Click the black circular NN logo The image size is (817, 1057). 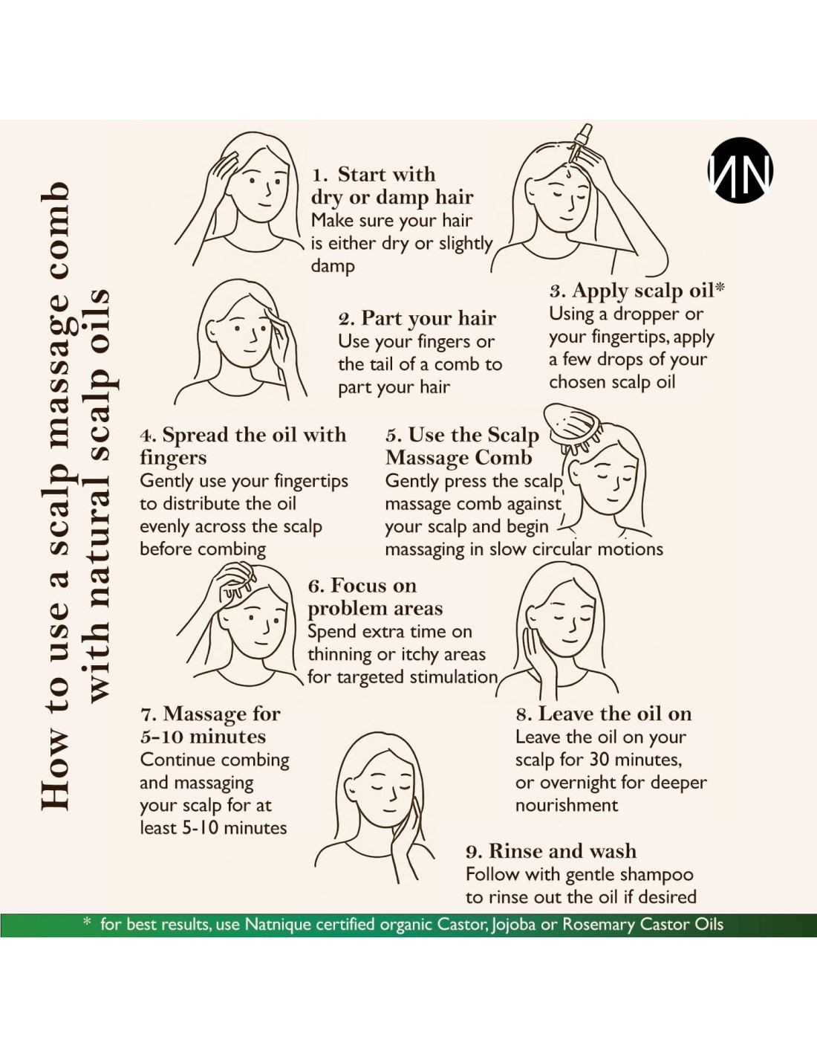740,170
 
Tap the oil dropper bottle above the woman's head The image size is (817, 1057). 581,143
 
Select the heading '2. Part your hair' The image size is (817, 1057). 417,319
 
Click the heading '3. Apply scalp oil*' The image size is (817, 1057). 637,291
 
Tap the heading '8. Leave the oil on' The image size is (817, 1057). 604,714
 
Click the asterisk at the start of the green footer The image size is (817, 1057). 88,921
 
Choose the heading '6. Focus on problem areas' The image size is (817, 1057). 375,597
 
